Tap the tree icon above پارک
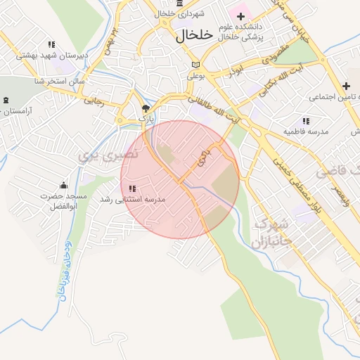(146, 108)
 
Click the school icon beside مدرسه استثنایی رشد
(132, 188)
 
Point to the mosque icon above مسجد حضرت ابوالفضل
(64, 186)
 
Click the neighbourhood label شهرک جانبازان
(270, 235)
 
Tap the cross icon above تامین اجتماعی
(346, 86)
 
